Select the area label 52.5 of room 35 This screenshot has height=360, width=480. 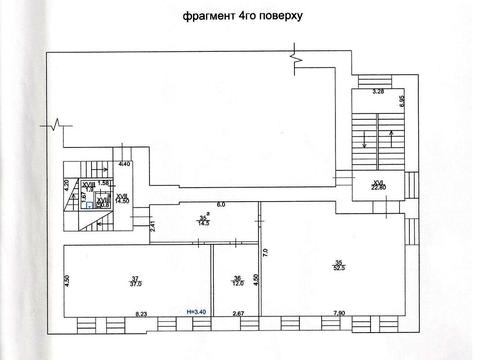[x=339, y=266]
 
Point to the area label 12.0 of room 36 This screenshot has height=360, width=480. [x=235, y=283]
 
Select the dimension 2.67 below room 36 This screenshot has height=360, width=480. [x=237, y=315]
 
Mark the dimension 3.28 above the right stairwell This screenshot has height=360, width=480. [x=379, y=92]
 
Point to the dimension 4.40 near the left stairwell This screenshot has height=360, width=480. [x=125, y=163]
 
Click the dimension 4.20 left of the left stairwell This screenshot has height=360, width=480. [x=66, y=184]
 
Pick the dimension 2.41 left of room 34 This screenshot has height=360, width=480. [x=153, y=226]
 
